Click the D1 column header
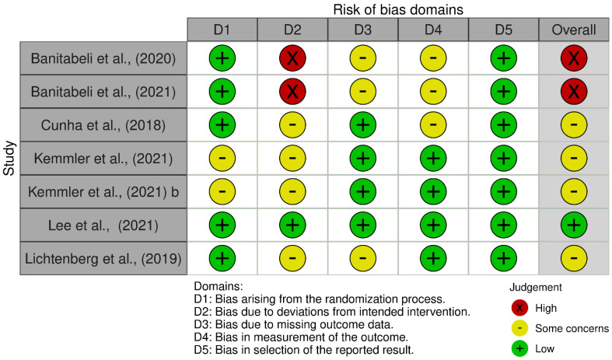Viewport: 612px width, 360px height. click(x=222, y=30)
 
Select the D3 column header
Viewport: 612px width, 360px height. click(x=362, y=30)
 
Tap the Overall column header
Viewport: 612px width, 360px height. click(x=574, y=30)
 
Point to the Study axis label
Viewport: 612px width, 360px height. click(x=9, y=157)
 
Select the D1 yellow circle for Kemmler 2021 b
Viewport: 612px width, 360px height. click(x=222, y=191)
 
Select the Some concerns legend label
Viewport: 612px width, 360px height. click(x=572, y=329)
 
